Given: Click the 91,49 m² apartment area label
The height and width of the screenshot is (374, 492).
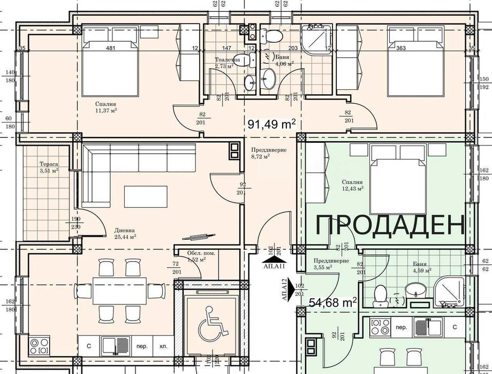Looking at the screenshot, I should click(272, 125).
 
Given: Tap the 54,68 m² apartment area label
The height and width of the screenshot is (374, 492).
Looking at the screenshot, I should click(333, 303).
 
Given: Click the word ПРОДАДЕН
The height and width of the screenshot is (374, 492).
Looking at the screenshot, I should click(390, 225).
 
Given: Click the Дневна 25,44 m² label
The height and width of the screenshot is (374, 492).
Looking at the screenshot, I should click(125, 234).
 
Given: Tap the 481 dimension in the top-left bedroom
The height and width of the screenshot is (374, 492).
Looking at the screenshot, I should click(111, 49).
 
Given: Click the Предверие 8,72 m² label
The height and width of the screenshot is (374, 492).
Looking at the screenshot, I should click(261, 154).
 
